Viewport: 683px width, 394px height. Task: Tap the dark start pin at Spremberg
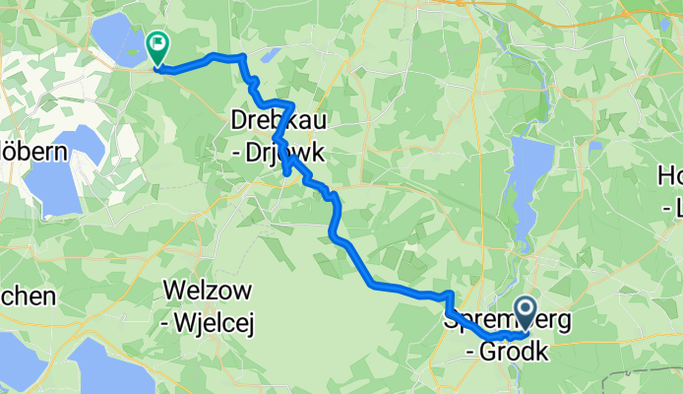pos(524,314)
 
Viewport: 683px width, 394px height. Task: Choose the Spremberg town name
pos(482,322)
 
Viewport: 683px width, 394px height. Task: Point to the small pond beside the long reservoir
pos(595,145)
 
